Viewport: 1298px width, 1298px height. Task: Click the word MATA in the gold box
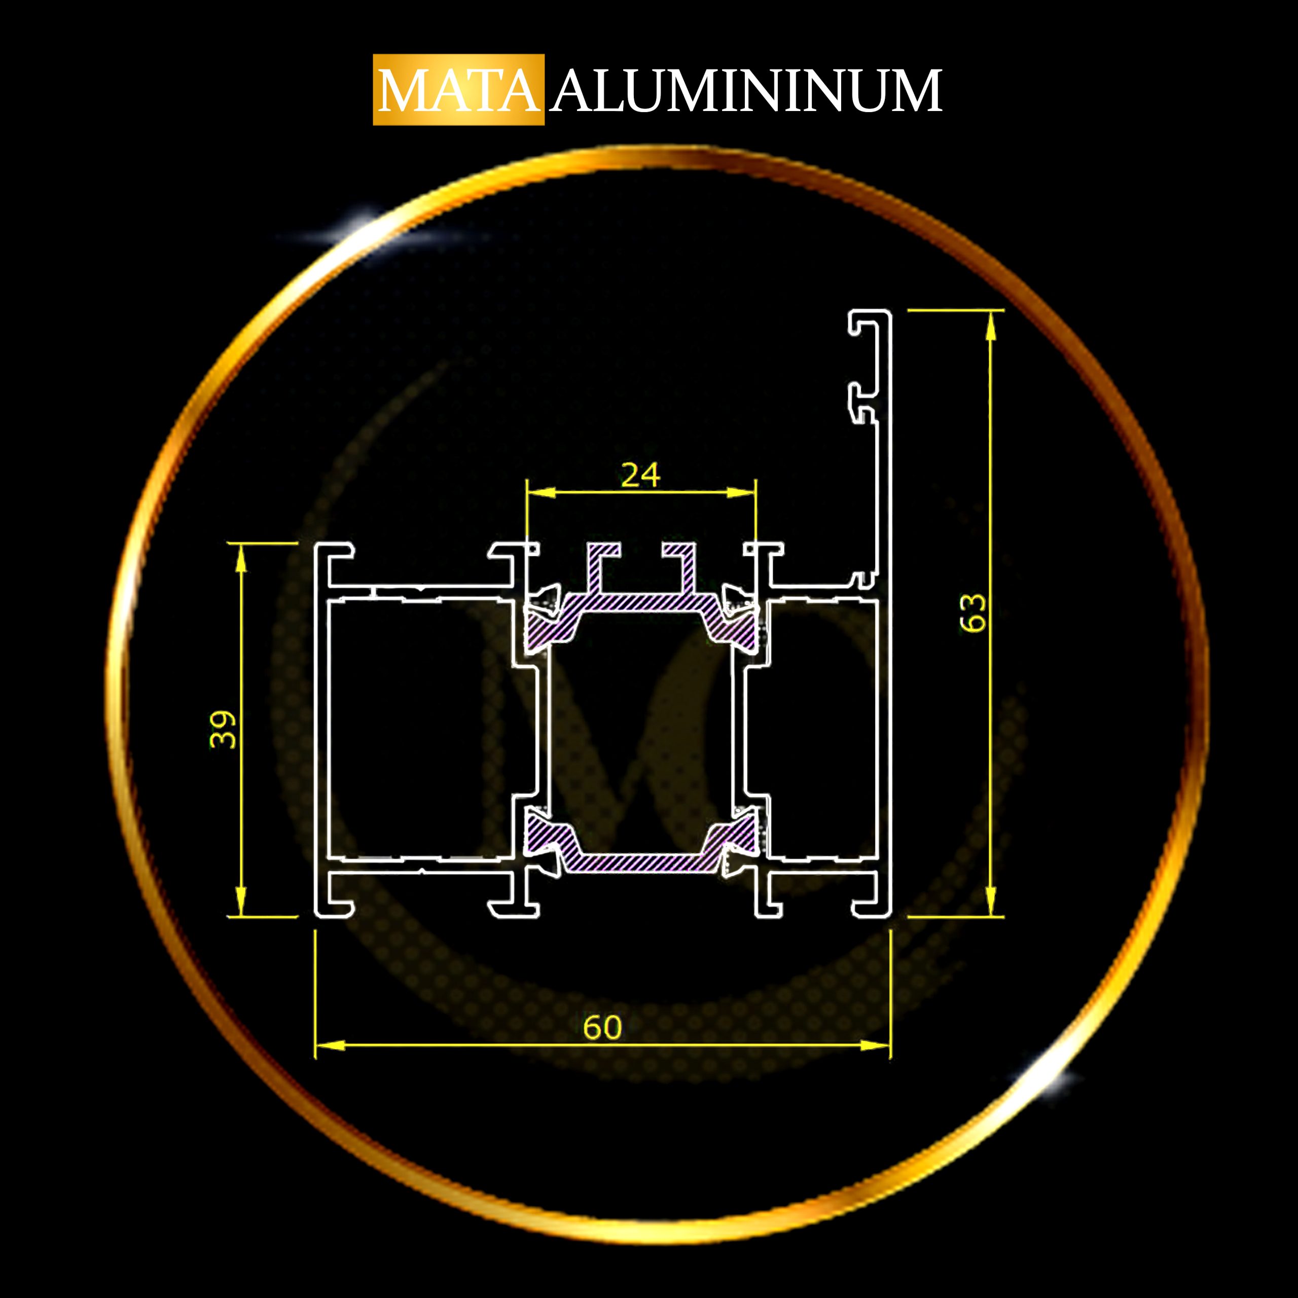(458, 90)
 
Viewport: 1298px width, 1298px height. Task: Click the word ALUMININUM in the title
(746, 90)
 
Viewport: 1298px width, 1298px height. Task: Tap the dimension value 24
(640, 476)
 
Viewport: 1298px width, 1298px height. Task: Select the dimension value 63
(974, 612)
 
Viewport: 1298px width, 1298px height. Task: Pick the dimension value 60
(603, 1027)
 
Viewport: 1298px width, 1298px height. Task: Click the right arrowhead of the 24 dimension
(742, 492)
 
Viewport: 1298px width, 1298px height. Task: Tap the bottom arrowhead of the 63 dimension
(990, 900)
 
